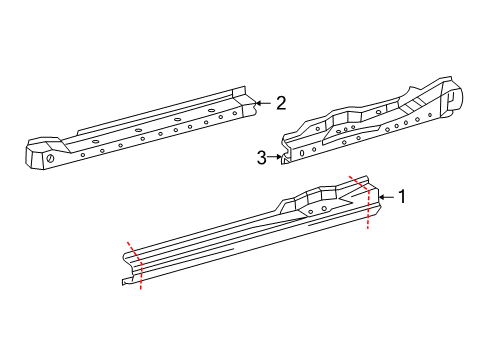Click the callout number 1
(402, 196)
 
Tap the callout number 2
(281, 103)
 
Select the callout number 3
(262, 157)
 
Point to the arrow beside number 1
(386, 197)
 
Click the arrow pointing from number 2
(263, 103)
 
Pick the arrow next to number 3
(275, 157)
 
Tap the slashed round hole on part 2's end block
(50, 158)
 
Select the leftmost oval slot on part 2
(95, 141)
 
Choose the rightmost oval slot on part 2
(211, 110)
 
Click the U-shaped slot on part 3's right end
(451, 99)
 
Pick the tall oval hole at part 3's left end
(302, 153)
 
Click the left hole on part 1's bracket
(311, 212)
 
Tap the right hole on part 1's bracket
(324, 209)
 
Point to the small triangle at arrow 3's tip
(284, 161)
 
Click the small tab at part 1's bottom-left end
(127, 281)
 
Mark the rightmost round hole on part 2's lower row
(235, 114)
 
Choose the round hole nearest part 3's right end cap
(430, 115)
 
